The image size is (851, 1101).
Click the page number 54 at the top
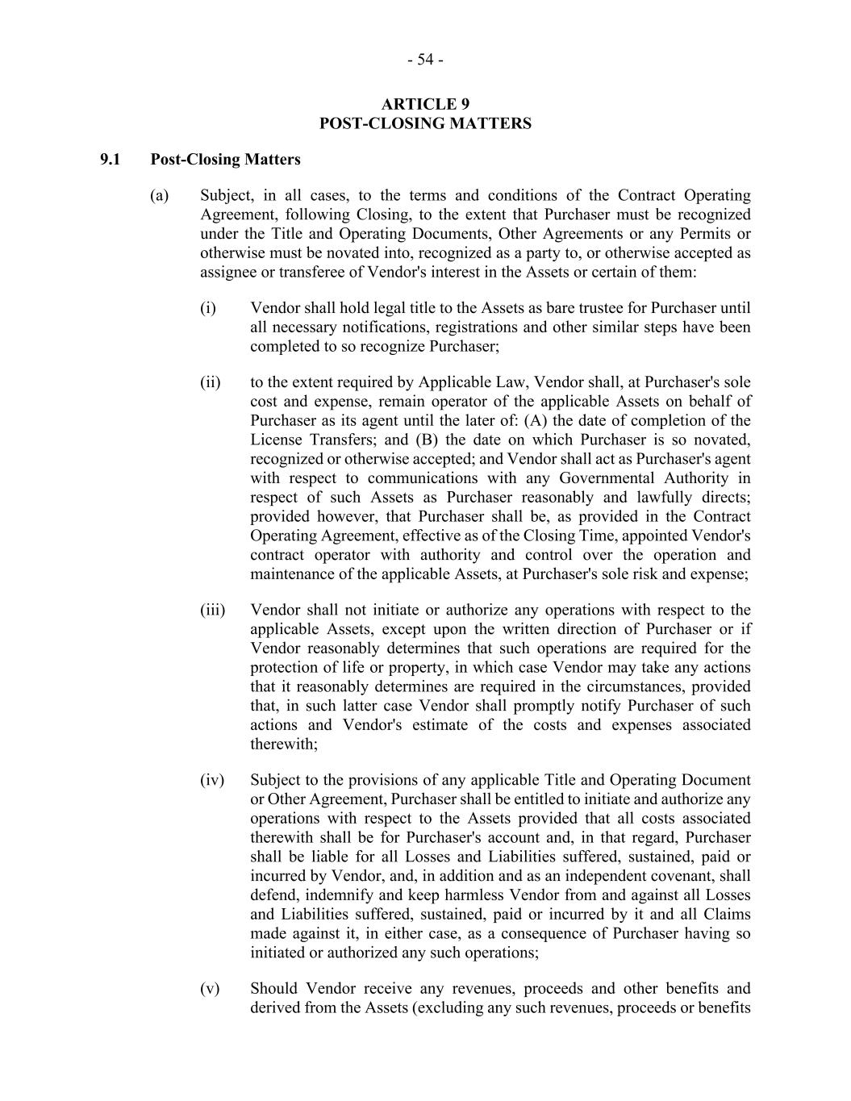pos(425,60)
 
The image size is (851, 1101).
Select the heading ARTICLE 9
pos(425,104)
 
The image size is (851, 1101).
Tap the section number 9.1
pos(111,160)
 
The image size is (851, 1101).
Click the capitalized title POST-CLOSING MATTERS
pos(425,123)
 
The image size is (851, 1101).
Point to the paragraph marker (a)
pos(160,196)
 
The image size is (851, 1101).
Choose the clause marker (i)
pos(208,308)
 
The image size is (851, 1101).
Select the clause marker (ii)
pos(211,382)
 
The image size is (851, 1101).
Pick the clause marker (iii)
pos(213,611)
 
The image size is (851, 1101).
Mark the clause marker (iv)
pos(212,781)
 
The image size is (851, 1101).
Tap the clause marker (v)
pos(210,989)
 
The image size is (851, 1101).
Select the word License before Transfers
pos(276,440)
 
